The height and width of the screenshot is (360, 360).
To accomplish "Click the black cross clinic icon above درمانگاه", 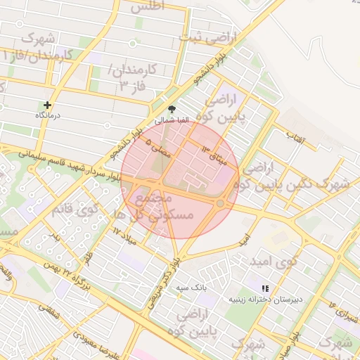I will [x=48, y=105].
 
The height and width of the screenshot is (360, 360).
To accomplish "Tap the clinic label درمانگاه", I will [x=49, y=115].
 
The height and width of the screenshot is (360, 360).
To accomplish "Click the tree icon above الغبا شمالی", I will [x=172, y=109].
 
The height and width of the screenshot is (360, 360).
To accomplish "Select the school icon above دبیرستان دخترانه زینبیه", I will [x=265, y=288].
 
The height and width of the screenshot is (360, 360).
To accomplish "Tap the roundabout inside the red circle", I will [x=221, y=203].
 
